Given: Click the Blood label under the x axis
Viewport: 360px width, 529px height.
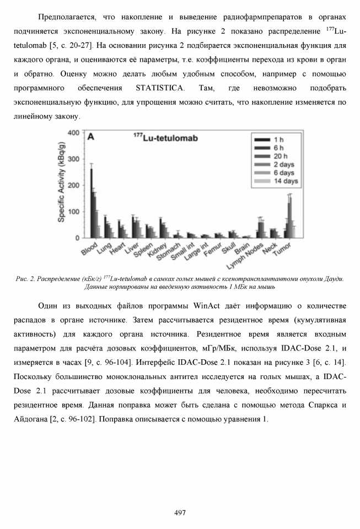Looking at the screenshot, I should tap(90, 249).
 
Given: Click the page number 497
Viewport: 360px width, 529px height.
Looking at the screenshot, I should tap(180, 512).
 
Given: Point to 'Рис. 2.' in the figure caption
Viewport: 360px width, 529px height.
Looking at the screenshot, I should tap(26, 279).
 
